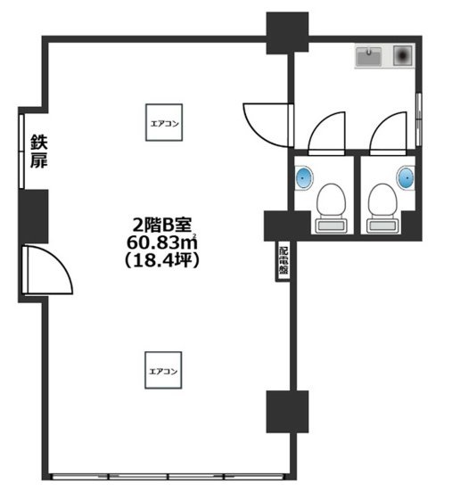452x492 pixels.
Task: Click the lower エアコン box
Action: point(164,369)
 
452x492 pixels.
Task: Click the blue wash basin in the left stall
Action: point(303,176)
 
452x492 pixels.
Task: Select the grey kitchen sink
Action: point(370,58)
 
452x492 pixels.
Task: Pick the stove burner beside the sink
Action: point(403,57)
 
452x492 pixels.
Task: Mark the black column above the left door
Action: point(33,216)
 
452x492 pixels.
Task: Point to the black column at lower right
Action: point(287,411)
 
